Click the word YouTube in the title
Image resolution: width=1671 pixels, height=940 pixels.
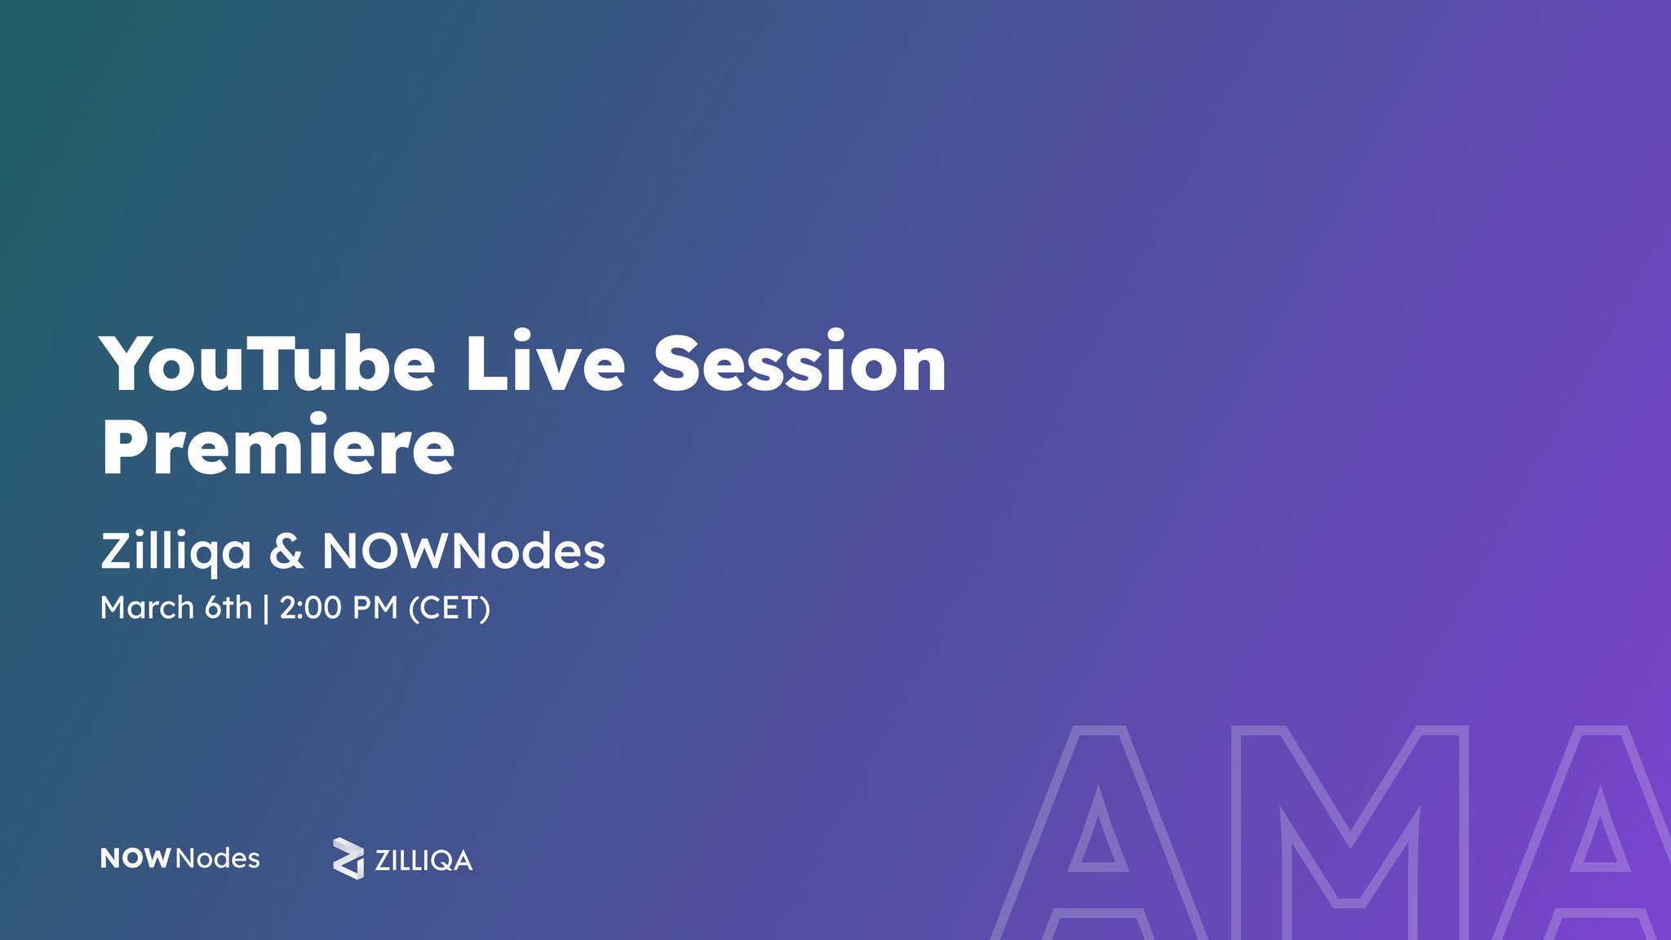click(268, 364)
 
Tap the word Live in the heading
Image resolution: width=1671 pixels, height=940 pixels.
click(545, 364)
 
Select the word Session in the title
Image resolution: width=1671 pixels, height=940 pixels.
click(800, 364)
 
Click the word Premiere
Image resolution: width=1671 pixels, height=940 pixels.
click(277, 447)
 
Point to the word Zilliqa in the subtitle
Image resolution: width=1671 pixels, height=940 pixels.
click(175, 552)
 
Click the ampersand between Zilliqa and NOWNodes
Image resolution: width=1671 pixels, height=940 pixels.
click(286, 552)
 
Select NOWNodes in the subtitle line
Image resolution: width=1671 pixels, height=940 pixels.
click(463, 552)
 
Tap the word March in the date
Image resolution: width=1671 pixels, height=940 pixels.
click(147, 608)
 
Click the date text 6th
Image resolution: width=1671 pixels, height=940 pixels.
click(228, 608)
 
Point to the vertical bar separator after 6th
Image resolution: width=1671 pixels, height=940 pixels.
click(266, 609)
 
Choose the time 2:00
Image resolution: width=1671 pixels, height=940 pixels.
click(309, 608)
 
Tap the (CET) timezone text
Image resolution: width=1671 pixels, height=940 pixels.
click(450, 609)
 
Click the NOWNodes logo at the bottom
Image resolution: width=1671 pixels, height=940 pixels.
click(180, 858)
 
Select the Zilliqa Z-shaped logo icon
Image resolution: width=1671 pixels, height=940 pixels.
click(348, 858)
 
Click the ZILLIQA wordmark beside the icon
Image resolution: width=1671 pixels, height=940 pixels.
click(423, 861)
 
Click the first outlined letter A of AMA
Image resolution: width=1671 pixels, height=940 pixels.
click(1097, 832)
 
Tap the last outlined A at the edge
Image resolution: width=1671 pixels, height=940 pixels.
click(1599, 832)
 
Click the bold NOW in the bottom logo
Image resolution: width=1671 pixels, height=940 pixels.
click(135, 858)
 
